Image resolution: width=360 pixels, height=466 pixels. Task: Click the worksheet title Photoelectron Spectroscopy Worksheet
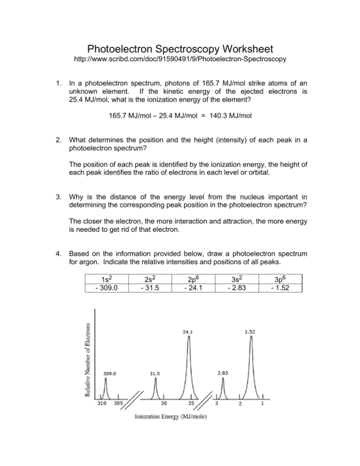tap(180, 49)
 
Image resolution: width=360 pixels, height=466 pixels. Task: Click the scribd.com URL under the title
tap(180, 61)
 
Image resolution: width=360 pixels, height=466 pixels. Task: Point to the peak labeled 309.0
tap(105, 379)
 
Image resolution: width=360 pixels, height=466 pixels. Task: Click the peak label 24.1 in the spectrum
tap(189, 332)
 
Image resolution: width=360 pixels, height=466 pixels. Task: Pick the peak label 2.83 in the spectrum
tap(223, 373)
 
